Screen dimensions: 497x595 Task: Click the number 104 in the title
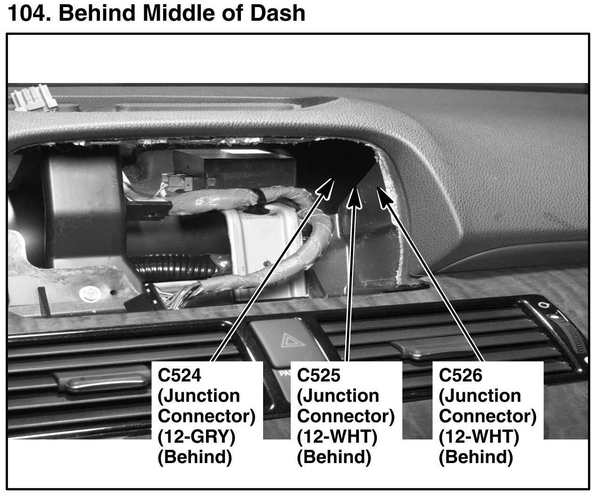28,13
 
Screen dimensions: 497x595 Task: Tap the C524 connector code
180,375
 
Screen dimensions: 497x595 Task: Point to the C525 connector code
318,375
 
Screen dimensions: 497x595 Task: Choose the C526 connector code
461,375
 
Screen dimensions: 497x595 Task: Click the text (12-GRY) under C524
196,437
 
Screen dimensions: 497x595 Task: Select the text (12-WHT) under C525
337,437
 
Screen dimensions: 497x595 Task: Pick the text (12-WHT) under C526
479,437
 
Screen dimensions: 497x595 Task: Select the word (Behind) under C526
475,457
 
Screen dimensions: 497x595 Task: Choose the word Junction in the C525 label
338,396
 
